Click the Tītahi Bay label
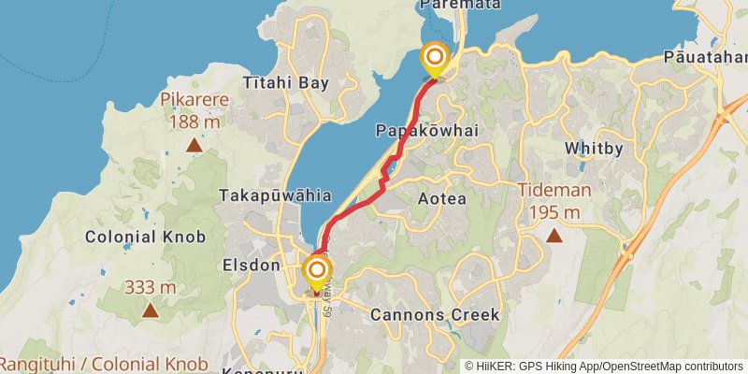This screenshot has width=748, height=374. point(286,83)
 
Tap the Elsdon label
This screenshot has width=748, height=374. point(252,266)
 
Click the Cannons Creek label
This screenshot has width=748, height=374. point(435,314)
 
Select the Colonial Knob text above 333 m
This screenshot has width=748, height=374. point(145,237)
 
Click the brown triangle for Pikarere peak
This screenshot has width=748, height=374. point(194,145)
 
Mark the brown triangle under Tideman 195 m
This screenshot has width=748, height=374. point(554,236)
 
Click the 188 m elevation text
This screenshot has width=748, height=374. point(194,122)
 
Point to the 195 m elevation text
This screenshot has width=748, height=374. point(555,213)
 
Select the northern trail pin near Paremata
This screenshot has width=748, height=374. point(435,60)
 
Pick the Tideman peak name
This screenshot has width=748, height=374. point(555,191)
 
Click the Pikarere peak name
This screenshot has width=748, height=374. point(195,100)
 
